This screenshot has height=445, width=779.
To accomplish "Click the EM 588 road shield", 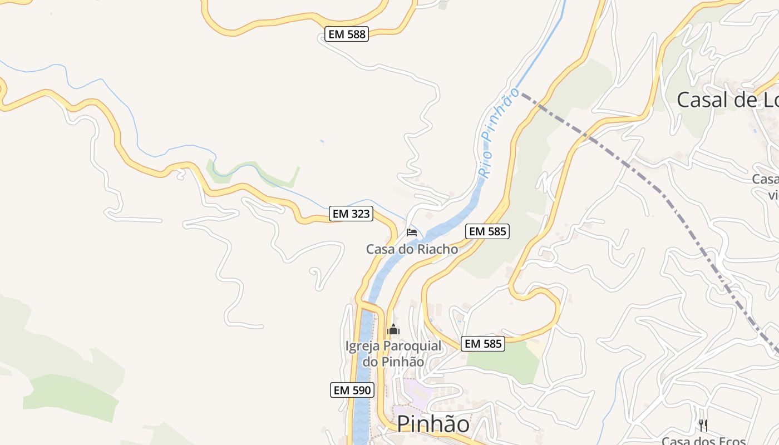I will (x=347, y=34).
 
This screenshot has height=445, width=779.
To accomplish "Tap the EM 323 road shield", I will (x=351, y=214).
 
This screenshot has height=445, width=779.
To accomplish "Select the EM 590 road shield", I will (x=352, y=390).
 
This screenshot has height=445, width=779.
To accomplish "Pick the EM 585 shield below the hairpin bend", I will (x=484, y=344).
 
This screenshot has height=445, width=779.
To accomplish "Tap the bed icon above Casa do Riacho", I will (x=412, y=232).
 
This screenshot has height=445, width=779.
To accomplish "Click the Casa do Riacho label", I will (x=412, y=249).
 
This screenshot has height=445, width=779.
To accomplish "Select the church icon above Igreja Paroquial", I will (x=393, y=330).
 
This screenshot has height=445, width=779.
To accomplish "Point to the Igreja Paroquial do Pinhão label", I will (x=393, y=354).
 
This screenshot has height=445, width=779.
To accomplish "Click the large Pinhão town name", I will (x=433, y=424).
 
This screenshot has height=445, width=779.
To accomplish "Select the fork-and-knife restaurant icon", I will (x=703, y=426).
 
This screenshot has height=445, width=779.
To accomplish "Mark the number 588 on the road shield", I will (x=356, y=34).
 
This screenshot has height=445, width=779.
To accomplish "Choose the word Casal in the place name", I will (x=703, y=100).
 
